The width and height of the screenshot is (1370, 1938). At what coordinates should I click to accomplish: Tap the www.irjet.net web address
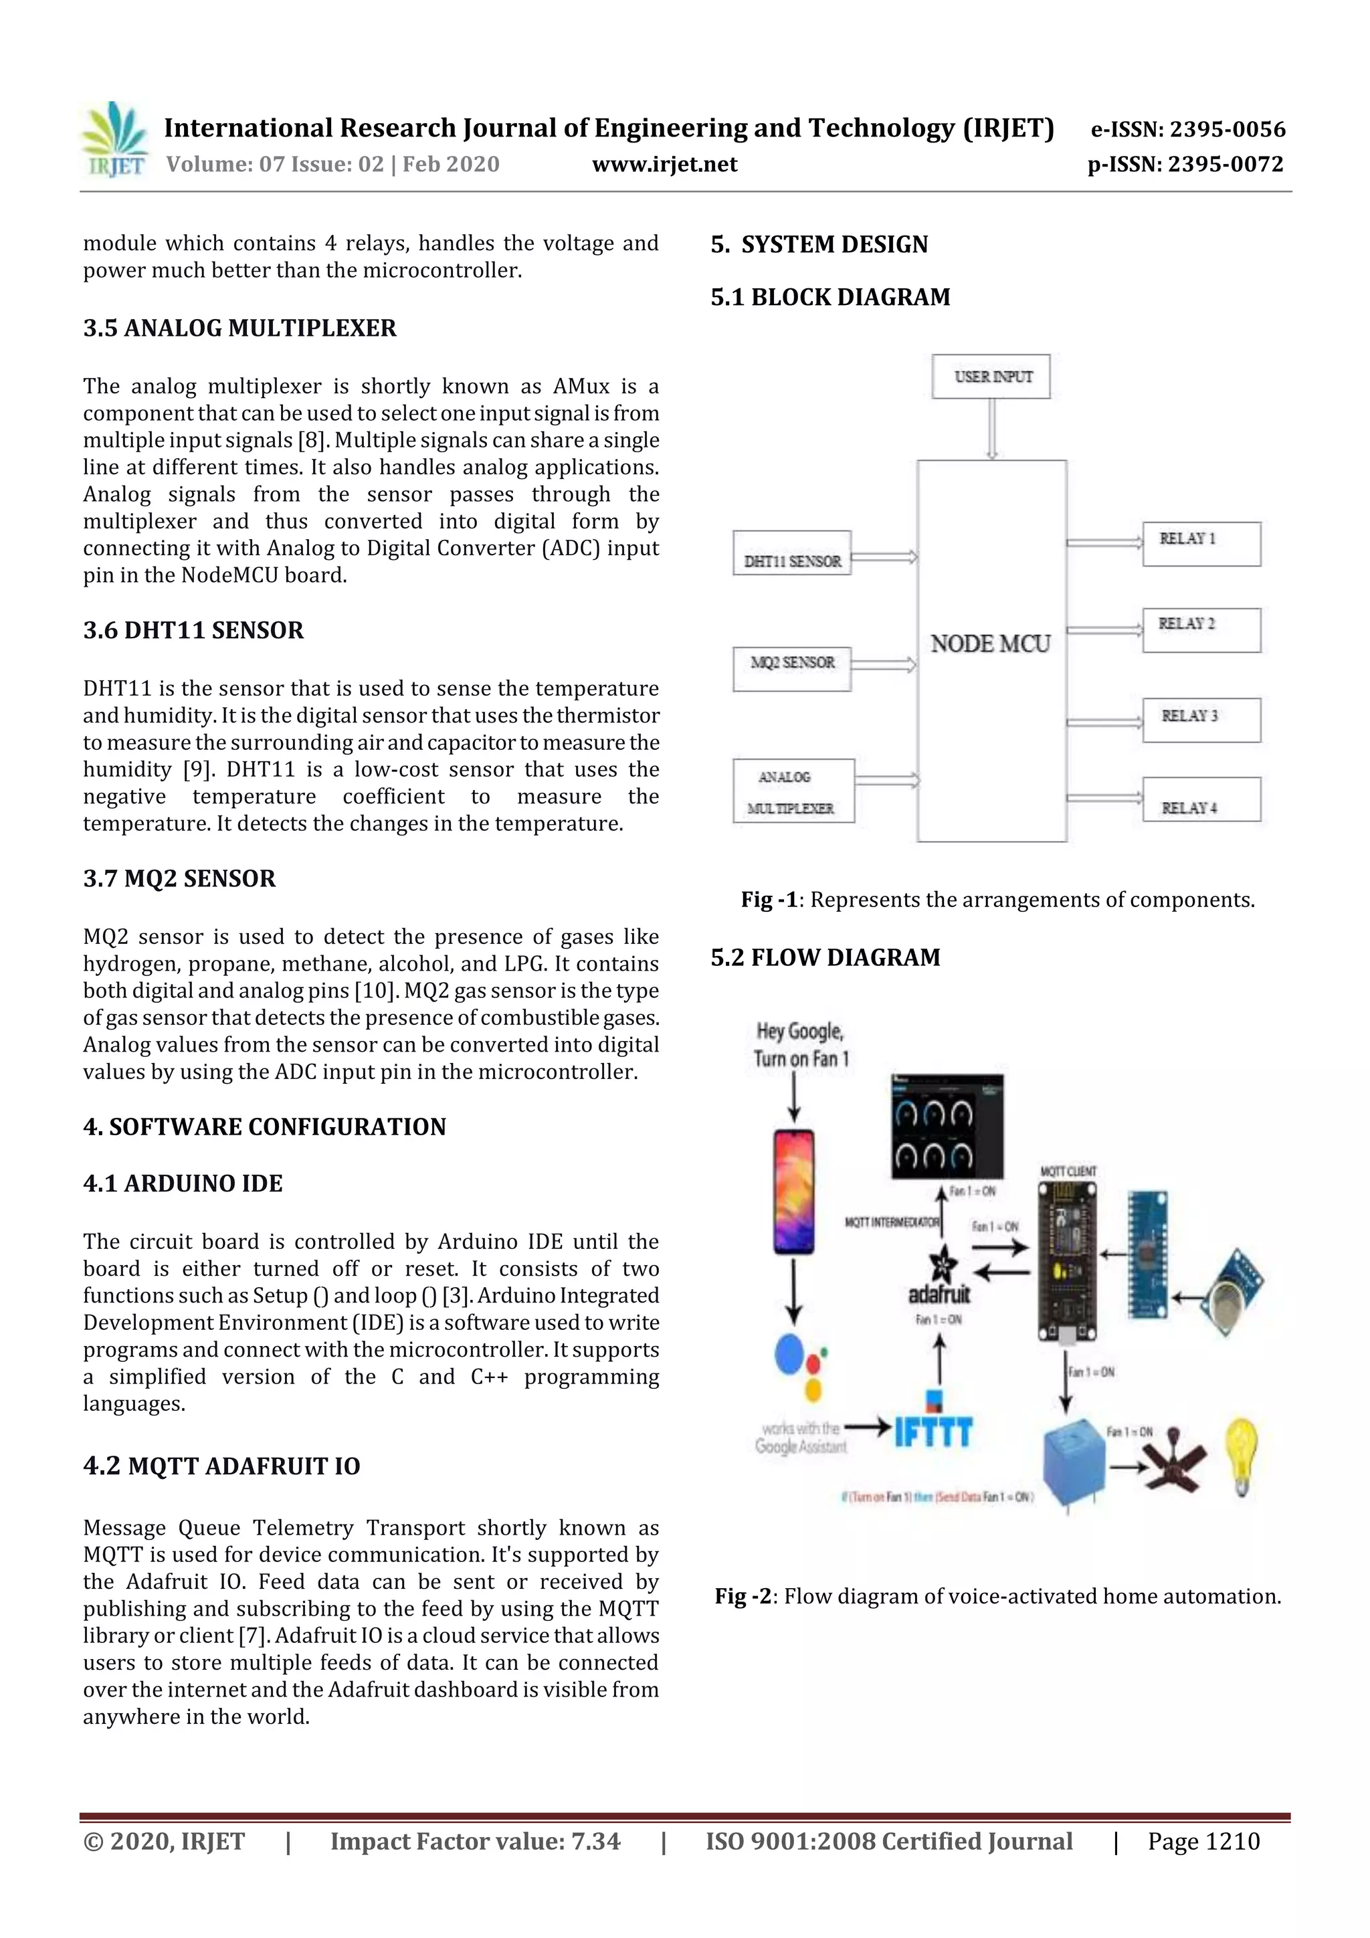[664, 164]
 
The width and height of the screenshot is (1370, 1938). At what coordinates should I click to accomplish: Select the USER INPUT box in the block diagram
[991, 377]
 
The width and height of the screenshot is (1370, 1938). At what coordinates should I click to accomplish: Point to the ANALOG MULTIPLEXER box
[793, 791]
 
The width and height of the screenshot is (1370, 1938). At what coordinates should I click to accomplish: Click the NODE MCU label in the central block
[990, 644]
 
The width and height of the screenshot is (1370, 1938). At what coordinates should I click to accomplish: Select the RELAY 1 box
[1201, 544]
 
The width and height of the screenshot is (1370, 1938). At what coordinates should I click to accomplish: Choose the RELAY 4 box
[1201, 800]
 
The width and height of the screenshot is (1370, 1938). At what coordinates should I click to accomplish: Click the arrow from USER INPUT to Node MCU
[992, 428]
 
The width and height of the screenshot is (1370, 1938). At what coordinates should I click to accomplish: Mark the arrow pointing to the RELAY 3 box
[1104, 722]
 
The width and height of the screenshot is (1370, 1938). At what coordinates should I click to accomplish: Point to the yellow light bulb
[1241, 1454]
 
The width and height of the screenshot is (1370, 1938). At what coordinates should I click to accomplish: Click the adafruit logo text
[939, 1294]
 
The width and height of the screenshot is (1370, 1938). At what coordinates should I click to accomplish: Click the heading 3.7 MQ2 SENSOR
[179, 878]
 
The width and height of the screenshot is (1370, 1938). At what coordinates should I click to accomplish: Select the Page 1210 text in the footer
[1203, 1842]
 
